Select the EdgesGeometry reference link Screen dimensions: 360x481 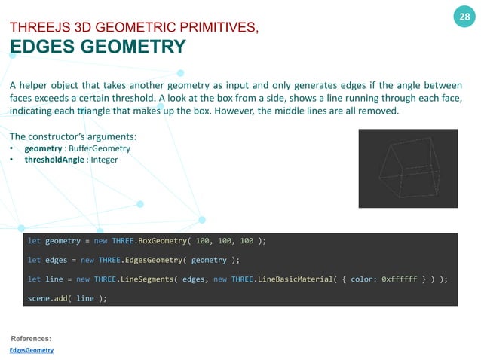coord(32,351)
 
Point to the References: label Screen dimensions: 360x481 coord(31,339)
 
